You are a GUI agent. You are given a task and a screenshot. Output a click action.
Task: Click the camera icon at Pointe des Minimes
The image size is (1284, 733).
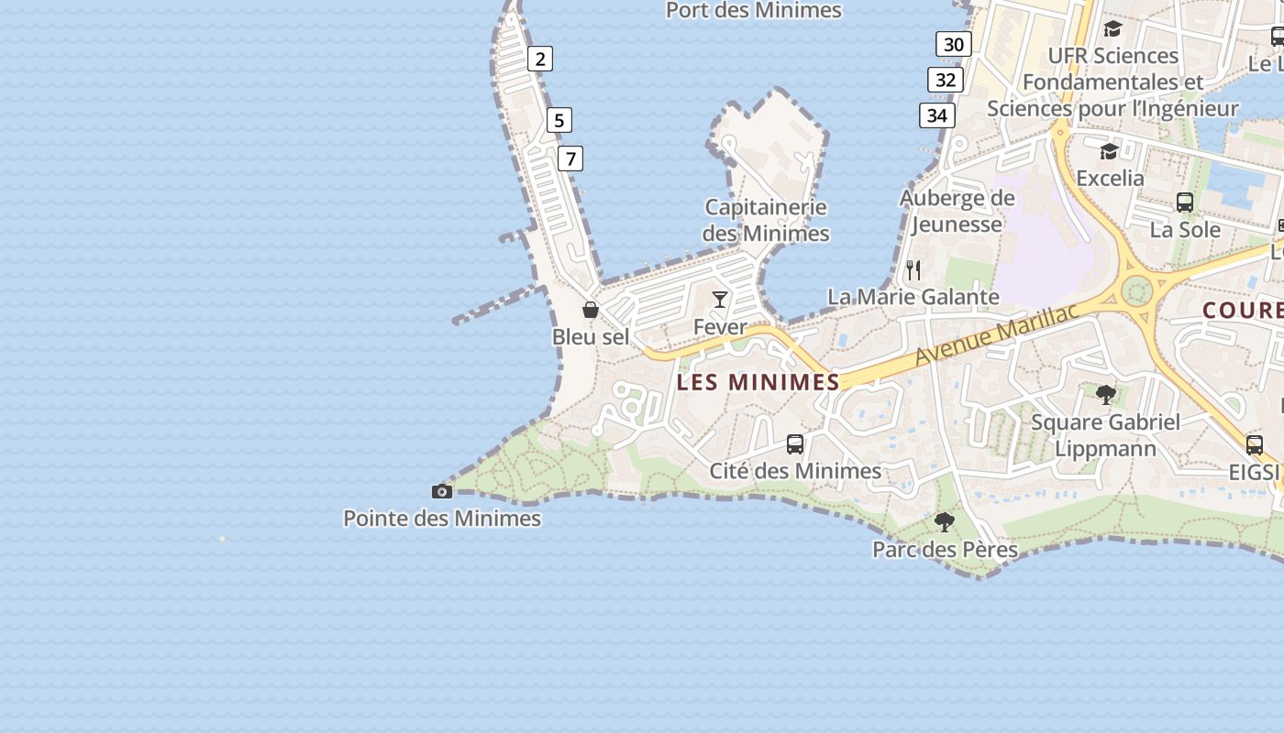click(x=442, y=492)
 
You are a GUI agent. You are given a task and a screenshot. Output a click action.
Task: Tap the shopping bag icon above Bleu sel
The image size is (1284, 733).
click(x=591, y=310)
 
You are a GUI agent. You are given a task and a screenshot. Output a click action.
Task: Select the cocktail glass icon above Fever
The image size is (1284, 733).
click(x=720, y=300)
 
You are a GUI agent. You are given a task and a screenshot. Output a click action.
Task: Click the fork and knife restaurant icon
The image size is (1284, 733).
click(x=913, y=269)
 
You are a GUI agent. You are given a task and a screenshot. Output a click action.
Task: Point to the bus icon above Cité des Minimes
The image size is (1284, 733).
click(x=795, y=444)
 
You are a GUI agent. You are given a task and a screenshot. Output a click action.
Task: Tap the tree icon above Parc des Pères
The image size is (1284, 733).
click(x=945, y=522)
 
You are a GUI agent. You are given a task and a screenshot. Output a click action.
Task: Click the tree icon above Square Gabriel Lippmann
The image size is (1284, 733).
click(x=1106, y=395)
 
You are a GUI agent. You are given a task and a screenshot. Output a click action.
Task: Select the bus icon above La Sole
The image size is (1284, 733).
click(x=1185, y=202)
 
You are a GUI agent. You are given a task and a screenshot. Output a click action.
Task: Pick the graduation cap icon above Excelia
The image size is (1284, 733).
click(x=1110, y=151)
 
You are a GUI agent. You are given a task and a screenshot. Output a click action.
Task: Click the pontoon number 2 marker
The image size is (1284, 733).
click(x=540, y=60)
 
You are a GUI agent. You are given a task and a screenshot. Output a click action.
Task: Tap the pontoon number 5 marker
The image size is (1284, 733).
click(x=559, y=120)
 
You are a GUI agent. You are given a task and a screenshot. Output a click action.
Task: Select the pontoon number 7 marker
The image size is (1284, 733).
click(x=570, y=159)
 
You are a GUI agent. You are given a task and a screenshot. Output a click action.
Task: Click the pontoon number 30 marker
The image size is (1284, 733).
click(x=954, y=44)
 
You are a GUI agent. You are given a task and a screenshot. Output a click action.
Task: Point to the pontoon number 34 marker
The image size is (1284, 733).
click(x=936, y=115)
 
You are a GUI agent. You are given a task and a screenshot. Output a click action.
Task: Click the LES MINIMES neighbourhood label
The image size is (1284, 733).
click(x=758, y=382)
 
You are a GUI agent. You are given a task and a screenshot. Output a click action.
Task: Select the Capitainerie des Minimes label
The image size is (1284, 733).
click(x=766, y=220)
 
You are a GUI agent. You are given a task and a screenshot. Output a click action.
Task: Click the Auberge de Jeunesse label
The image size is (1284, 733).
click(x=957, y=211)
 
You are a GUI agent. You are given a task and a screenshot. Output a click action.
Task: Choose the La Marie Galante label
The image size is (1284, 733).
click(x=913, y=297)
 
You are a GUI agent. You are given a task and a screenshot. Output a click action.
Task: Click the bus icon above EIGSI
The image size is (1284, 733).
click(x=1255, y=445)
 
